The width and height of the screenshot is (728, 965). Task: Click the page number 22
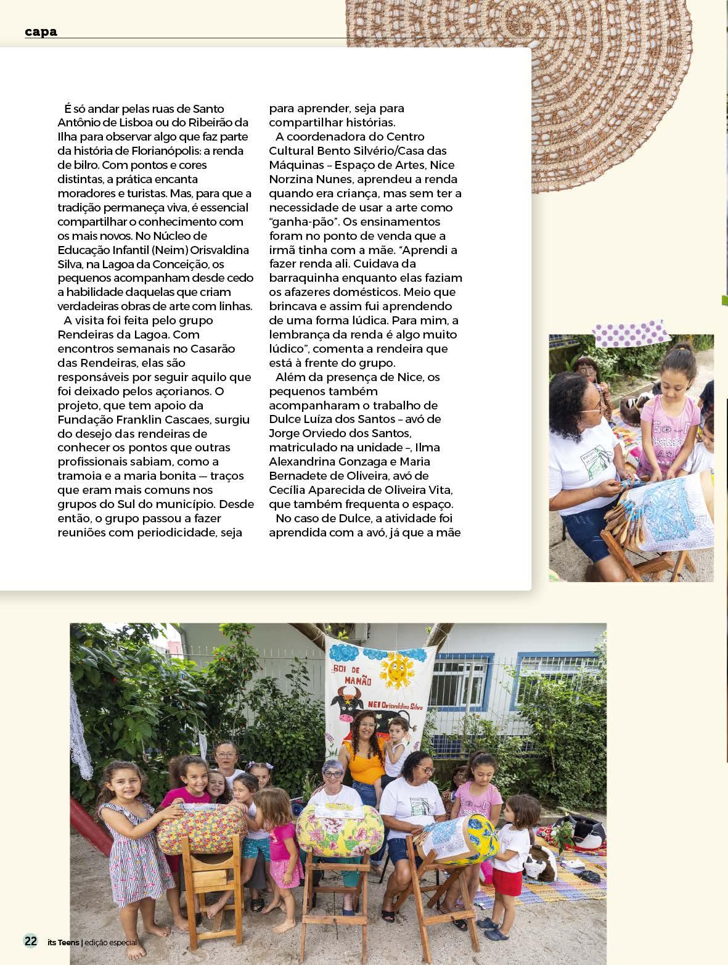pyautogui.click(x=30, y=941)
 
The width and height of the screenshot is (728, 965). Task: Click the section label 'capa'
pyautogui.click(x=41, y=31)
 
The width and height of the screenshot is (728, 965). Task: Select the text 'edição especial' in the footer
pyautogui.click(x=110, y=942)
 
